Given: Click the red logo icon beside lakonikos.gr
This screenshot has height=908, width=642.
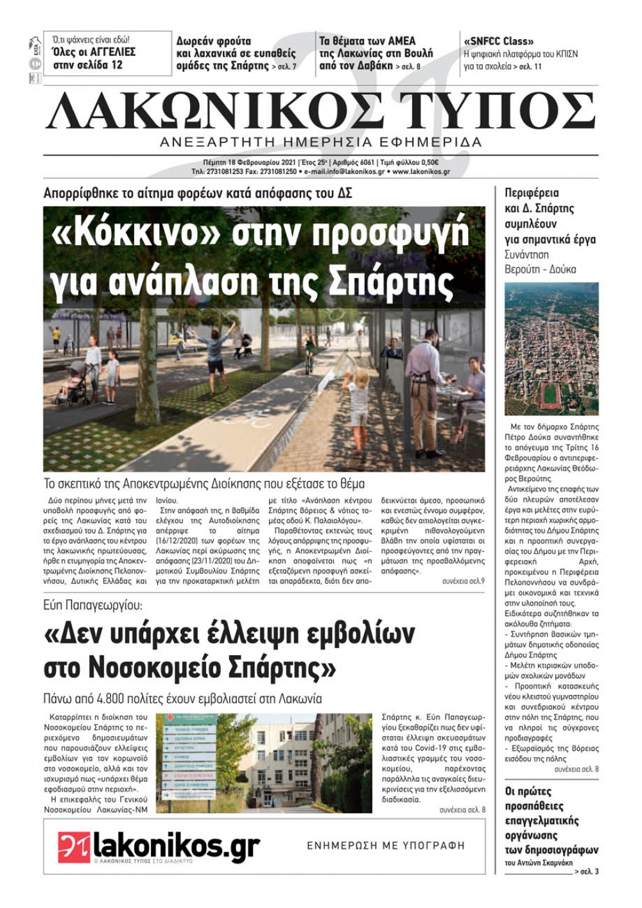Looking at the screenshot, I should coord(74,846).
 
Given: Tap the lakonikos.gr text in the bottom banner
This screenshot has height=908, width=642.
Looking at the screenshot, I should coord(176,846).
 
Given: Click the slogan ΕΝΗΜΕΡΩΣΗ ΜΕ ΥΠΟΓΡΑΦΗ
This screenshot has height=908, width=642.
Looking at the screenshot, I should coord(385,846).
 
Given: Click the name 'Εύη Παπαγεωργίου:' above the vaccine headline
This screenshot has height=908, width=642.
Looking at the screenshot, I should coord(93,605).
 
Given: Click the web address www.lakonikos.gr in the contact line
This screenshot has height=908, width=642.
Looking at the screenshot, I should coord(421,172).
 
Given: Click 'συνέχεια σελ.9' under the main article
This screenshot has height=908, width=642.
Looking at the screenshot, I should coord(464,581).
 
